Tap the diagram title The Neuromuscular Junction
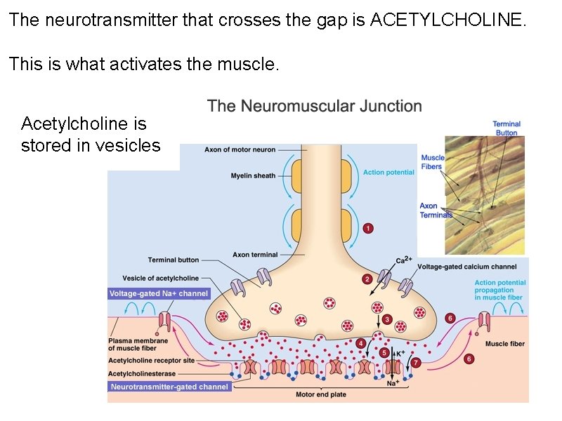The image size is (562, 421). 315,107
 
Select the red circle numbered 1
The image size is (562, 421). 368,228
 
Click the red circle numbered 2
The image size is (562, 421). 367,279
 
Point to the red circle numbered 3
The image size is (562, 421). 387,319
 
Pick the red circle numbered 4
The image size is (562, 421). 360,343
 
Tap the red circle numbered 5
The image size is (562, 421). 384,352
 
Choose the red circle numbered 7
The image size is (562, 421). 415,363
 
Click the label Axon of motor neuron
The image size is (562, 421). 240,149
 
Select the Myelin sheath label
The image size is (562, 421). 253,175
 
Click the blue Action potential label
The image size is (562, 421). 388,172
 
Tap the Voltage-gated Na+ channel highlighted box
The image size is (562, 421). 159,293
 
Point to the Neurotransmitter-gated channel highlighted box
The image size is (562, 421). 169,387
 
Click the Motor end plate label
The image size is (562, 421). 321,394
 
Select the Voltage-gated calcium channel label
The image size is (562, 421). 467,267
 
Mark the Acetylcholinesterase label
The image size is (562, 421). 142,374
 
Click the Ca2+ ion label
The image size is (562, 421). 403,260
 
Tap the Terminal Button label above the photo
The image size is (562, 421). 506,128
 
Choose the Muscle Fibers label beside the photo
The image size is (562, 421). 433,162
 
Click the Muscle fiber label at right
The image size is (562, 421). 505,344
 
